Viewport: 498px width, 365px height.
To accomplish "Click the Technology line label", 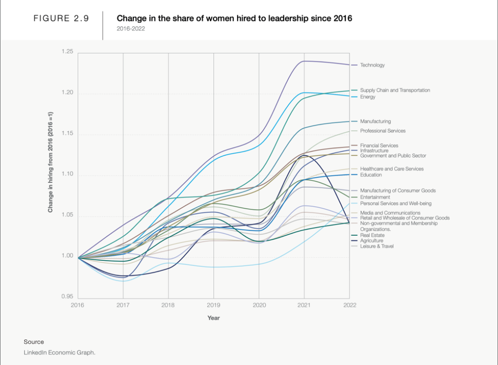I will click(372, 65).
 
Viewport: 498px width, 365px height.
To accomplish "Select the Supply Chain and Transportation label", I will click(395, 90).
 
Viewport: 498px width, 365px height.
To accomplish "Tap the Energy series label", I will click(368, 97).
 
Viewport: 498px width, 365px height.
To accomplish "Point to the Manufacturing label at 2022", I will click(375, 121).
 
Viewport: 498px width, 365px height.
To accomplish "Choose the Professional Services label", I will click(383, 131).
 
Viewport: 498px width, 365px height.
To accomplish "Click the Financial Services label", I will click(379, 146).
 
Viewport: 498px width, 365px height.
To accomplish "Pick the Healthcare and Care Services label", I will click(391, 169).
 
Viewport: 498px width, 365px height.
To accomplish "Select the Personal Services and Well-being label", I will click(396, 203).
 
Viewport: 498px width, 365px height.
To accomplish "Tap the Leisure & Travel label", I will click(377, 246).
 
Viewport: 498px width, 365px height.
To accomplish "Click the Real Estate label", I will click(372, 235).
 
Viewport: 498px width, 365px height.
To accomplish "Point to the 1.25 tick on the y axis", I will click(67, 52).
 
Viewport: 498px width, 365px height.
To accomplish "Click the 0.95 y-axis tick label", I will click(67, 297).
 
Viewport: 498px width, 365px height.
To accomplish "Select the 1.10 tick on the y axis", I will click(67, 174).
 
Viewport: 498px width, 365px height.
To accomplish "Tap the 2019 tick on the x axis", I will click(213, 305).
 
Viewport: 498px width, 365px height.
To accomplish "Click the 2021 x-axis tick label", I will click(304, 305).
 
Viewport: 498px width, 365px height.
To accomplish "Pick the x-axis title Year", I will click(213, 318).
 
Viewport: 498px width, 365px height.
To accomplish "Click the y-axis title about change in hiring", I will click(51, 162).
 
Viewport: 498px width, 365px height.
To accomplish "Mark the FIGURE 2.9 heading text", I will click(61, 18).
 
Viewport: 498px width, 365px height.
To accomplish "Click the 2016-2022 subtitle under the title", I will click(130, 29).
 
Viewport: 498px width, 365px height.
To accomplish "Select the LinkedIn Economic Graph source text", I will click(59, 353).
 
